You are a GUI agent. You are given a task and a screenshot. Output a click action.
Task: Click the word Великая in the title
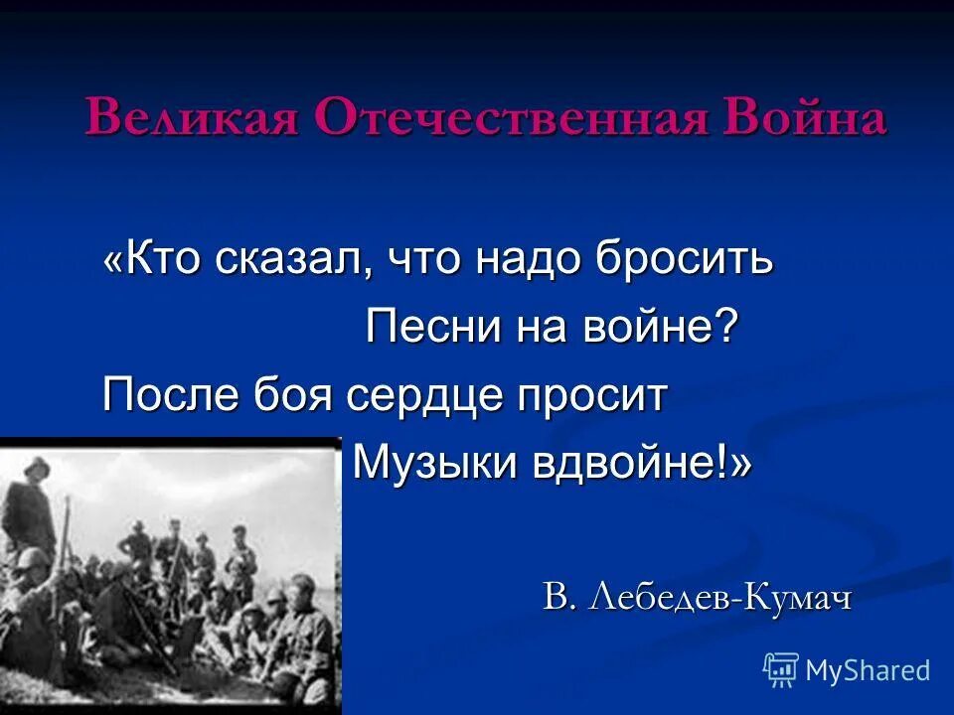pyautogui.click(x=192, y=119)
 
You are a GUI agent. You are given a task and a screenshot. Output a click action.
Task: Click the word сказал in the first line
pyautogui.click(x=290, y=260)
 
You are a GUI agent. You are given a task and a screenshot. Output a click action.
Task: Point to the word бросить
pyautogui.click(x=685, y=260)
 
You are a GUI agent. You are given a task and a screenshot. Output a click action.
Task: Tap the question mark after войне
pyautogui.click(x=729, y=328)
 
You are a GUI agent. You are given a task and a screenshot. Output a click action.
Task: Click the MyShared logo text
pyautogui.click(x=868, y=670)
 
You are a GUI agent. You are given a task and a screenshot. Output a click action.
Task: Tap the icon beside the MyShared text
pyautogui.click(x=781, y=669)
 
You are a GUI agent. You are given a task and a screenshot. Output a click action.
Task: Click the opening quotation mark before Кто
pyautogui.click(x=113, y=260)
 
